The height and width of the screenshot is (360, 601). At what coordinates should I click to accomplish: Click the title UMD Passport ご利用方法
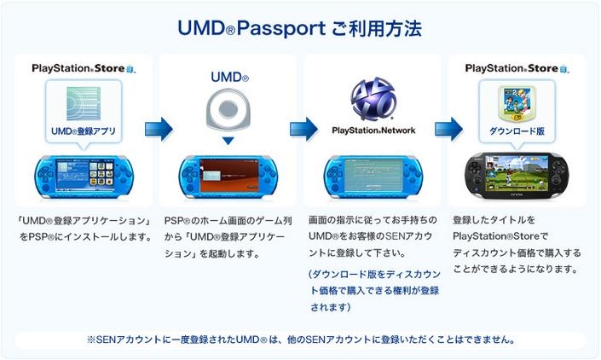pyautogui.click(x=299, y=28)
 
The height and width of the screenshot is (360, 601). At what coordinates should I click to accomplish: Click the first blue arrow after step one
pyautogui.click(x=159, y=129)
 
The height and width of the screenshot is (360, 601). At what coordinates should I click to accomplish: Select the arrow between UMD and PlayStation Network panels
pyautogui.click(x=303, y=129)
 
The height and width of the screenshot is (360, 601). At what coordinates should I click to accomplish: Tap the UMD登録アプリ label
pyautogui.click(x=84, y=131)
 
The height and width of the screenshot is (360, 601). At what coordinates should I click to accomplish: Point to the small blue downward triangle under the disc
pyautogui.click(x=228, y=140)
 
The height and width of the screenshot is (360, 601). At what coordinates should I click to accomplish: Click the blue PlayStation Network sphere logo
pyautogui.click(x=373, y=98)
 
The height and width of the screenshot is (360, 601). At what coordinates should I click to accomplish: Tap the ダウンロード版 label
pyautogui.click(x=517, y=131)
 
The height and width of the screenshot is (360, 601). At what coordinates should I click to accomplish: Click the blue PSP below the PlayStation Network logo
pyautogui.click(x=373, y=177)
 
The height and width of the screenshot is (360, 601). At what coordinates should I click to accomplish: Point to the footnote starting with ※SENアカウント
pyautogui.click(x=300, y=339)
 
